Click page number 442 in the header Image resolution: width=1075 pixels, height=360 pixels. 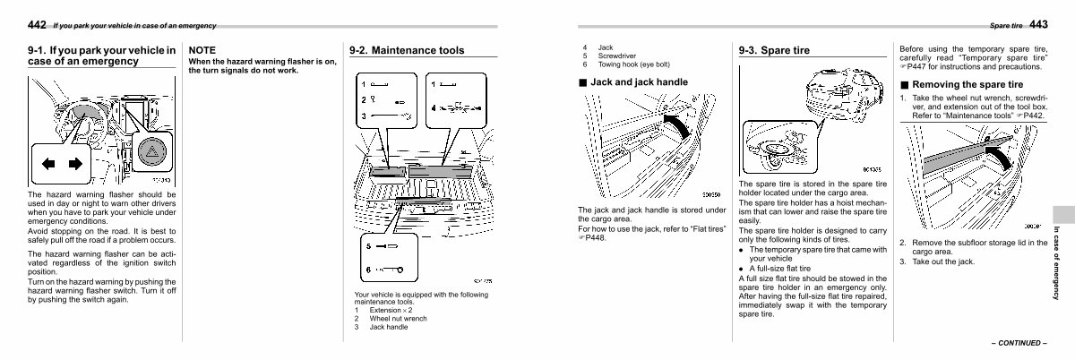38,23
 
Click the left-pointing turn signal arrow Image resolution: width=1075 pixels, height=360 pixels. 50,164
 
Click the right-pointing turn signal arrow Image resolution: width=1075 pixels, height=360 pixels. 74,164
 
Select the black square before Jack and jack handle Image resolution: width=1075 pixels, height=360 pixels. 582,82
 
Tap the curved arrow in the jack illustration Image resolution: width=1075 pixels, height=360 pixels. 679,124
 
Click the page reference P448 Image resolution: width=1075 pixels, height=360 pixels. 594,237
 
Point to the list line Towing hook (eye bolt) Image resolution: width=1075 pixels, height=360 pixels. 633,64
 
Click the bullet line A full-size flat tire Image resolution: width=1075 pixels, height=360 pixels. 780,269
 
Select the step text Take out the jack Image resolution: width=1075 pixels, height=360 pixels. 942,261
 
